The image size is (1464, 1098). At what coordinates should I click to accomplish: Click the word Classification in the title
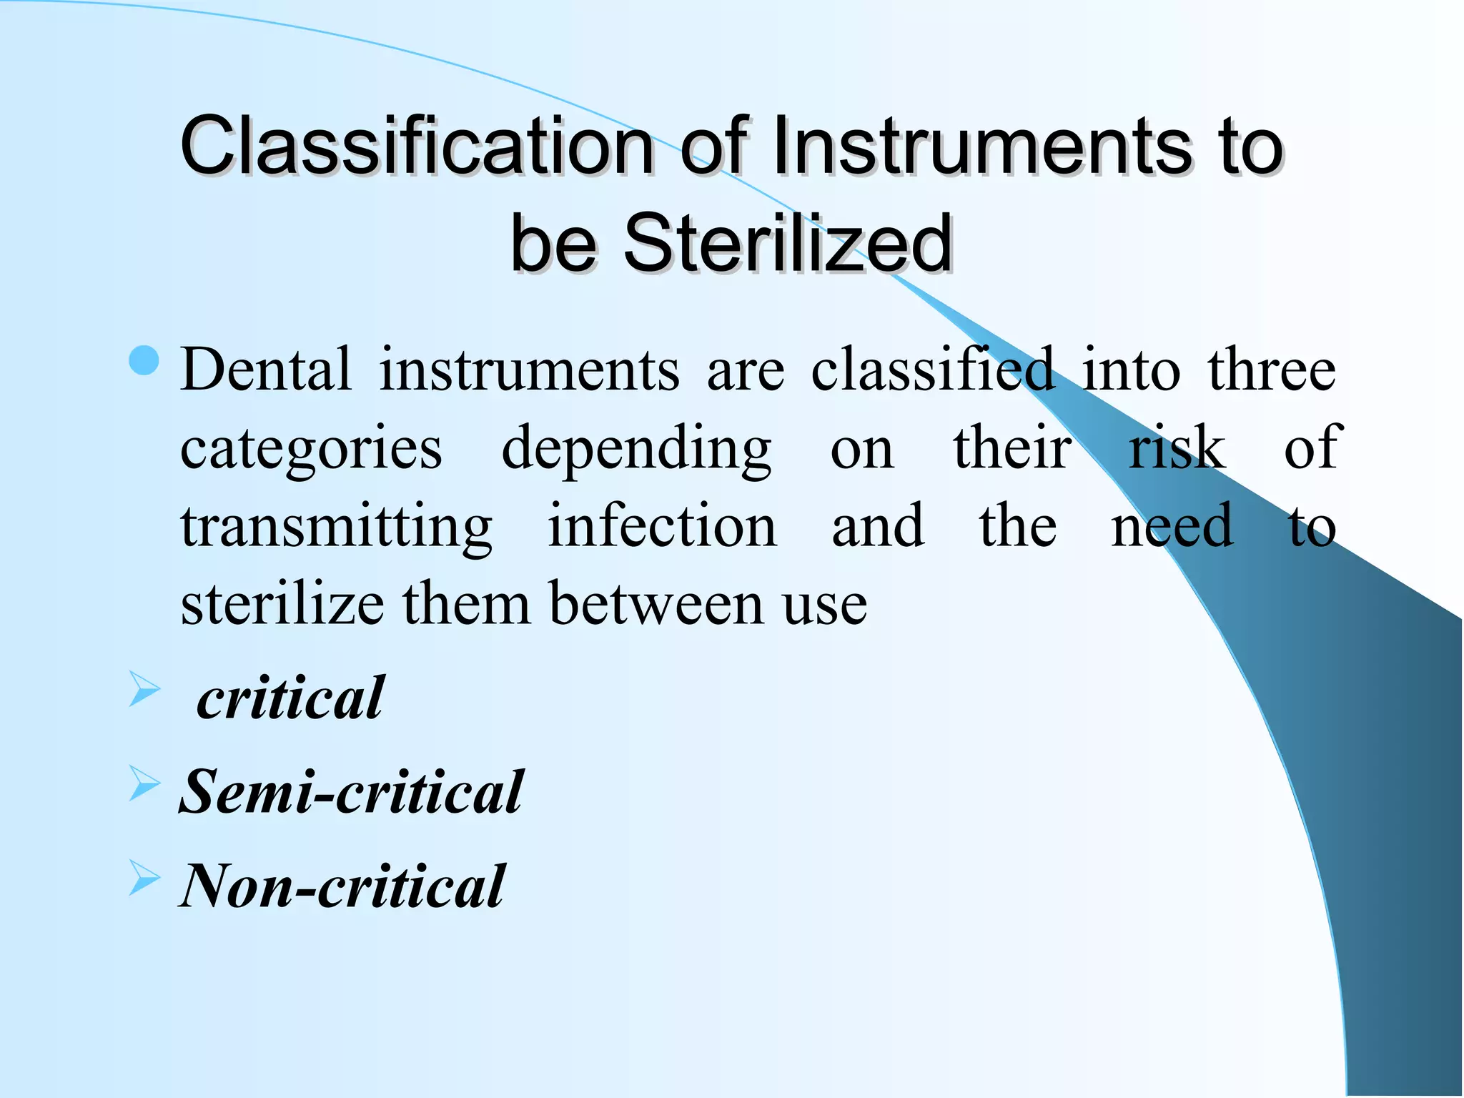point(417,147)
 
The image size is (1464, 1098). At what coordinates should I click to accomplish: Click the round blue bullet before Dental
point(144,361)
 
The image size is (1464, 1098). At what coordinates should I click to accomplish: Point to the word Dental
point(266,370)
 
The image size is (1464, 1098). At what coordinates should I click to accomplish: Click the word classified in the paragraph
point(932,370)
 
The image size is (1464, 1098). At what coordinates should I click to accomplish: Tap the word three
point(1272,370)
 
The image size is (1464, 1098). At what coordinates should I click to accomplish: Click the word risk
point(1177,448)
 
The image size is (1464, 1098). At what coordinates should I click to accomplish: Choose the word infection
point(662,527)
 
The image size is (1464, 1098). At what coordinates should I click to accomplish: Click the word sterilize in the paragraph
point(282,605)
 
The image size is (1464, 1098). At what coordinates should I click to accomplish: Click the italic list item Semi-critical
point(351,792)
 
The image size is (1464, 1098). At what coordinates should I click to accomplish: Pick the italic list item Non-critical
point(342,886)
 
